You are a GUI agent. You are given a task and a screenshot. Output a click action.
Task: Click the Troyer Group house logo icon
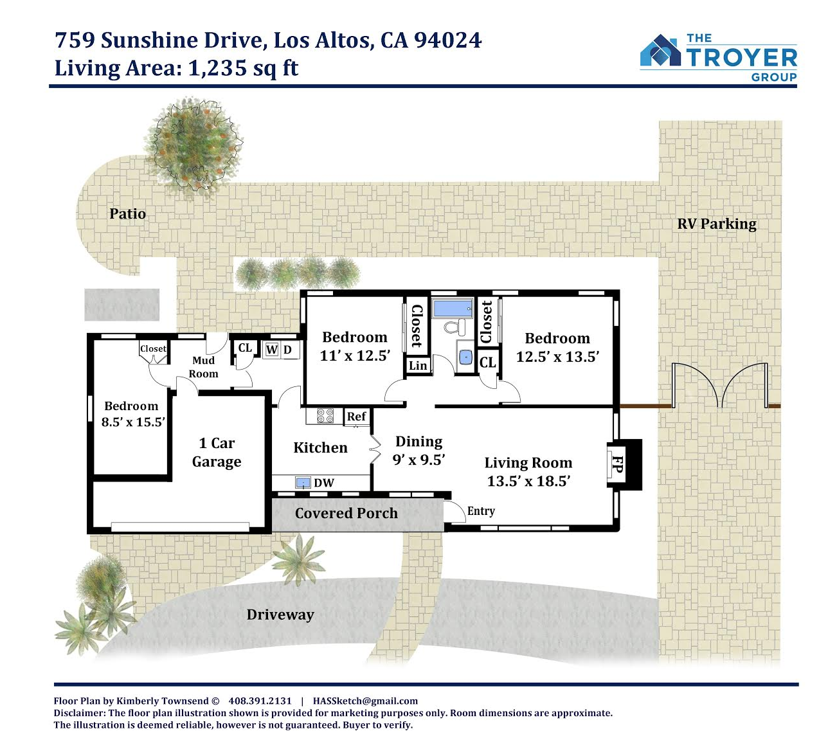tap(660, 50)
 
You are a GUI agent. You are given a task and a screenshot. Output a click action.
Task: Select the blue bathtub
tap(453, 308)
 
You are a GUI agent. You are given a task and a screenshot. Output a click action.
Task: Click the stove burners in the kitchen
tap(325, 416)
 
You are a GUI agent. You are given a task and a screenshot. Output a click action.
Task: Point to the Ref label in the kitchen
tap(356, 417)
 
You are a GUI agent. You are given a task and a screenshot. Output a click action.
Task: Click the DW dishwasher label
tap(323, 483)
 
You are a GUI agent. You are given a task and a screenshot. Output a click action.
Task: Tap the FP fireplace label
tap(617, 464)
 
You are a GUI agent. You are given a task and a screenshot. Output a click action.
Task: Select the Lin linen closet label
tap(418, 366)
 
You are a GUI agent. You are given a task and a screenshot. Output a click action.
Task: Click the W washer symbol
tap(271, 350)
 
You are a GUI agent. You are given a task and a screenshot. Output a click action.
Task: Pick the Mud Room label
tap(203, 367)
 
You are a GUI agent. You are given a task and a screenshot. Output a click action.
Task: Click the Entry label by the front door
tap(481, 511)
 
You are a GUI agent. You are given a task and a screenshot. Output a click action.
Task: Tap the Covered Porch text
tap(346, 513)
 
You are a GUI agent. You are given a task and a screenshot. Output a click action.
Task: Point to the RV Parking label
tap(717, 224)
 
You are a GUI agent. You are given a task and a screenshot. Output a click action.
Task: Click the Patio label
tap(127, 213)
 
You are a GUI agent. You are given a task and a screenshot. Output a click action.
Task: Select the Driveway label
tap(280, 615)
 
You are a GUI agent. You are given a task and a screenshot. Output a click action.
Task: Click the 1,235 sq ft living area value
tap(243, 67)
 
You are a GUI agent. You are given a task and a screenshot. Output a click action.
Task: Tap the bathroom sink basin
tap(465, 356)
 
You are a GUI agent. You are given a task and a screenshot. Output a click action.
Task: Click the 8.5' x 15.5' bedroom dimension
tap(133, 422)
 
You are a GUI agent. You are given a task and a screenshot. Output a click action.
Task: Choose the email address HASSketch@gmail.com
tap(365, 701)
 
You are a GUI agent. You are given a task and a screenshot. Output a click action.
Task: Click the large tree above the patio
tap(193, 147)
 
